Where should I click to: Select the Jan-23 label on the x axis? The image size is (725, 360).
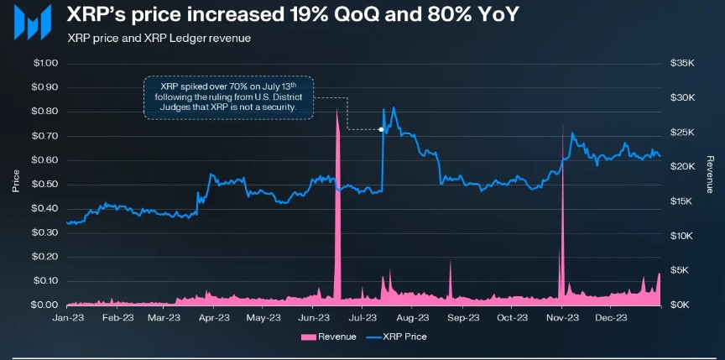(67, 318)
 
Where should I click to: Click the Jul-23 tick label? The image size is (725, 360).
(362, 318)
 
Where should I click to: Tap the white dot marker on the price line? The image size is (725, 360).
(382, 129)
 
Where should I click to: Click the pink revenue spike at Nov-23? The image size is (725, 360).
(561, 218)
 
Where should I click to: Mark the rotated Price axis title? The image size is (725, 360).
(16, 180)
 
